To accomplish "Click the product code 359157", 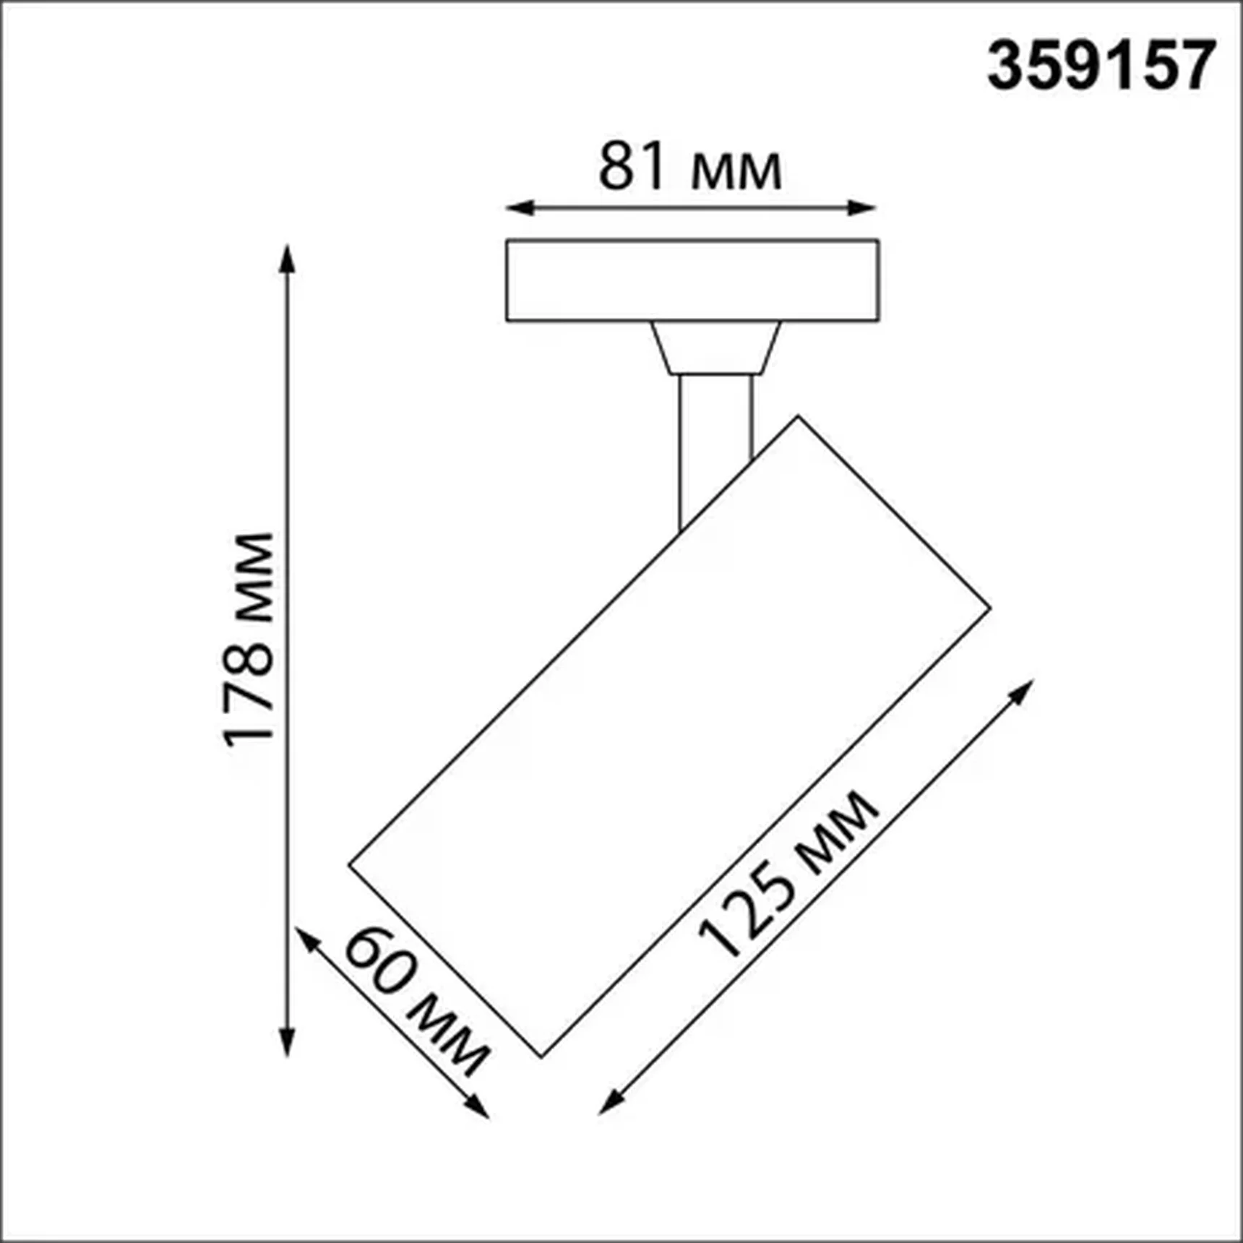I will [x=1101, y=66].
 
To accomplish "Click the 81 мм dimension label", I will [x=690, y=168].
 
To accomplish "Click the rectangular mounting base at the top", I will [x=692, y=280].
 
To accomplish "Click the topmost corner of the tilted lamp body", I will [x=798, y=417].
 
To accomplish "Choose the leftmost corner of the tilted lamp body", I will [x=350, y=864].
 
